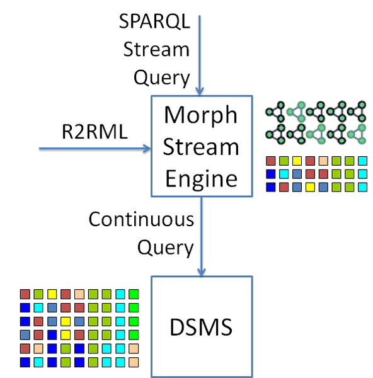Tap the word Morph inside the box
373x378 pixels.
pos(201,116)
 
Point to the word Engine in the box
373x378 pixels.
pos(201,179)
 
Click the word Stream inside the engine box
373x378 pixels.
pos(201,147)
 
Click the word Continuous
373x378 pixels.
pos(141,220)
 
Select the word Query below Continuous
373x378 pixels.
pos(164,248)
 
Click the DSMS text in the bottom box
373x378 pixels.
pos(201,328)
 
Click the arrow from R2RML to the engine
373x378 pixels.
pos(95,149)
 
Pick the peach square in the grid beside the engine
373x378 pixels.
pos(323,161)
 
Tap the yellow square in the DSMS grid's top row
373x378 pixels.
pos(52,294)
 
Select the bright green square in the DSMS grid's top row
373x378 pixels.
pos(133,294)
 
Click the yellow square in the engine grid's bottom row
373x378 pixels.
pos(310,186)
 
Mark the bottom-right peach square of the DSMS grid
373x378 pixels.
pos(133,362)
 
